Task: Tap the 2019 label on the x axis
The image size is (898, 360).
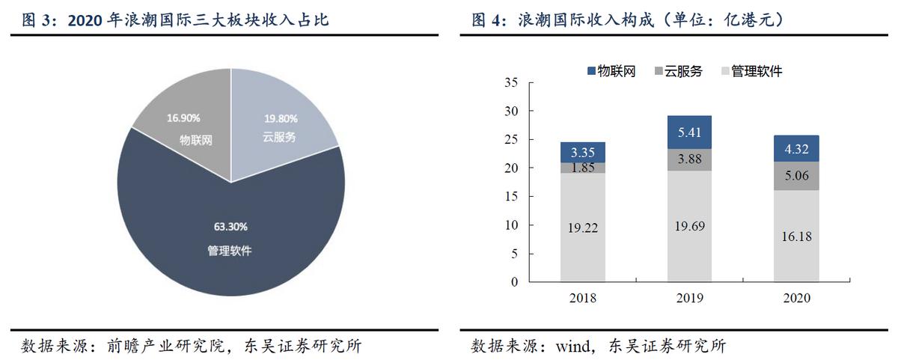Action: point(689,297)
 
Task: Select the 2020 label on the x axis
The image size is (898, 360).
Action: point(796,297)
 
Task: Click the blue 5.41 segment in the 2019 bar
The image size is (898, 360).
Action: point(689,132)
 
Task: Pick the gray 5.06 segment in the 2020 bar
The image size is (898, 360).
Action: point(796,176)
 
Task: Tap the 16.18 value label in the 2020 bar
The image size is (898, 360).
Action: point(796,237)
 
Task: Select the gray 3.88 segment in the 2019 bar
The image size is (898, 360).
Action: point(689,159)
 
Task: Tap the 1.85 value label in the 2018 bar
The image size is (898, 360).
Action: point(582,168)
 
